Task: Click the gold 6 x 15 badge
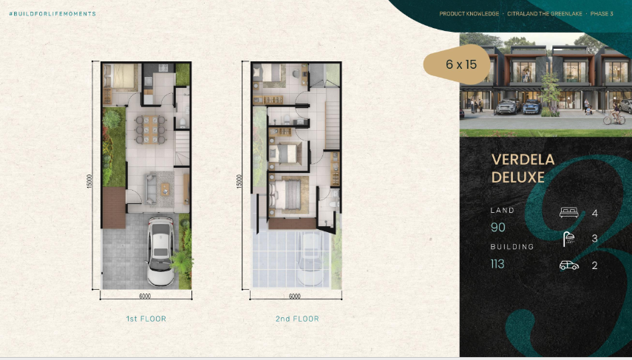point(461,64)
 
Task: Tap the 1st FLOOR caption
point(146,319)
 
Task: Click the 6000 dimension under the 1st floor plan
point(144,296)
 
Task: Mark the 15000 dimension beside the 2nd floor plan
point(238,180)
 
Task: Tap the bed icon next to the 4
point(568,214)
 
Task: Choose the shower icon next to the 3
point(568,239)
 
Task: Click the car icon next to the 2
point(568,265)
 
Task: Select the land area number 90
point(497,228)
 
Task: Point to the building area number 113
point(497,263)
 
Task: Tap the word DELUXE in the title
point(517,177)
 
